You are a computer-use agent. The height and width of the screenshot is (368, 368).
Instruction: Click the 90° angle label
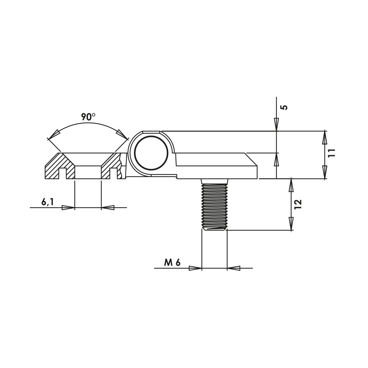click(x=88, y=117)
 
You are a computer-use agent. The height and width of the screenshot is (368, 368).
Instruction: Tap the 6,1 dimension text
click(x=47, y=202)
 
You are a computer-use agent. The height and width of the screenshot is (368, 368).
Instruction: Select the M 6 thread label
click(x=172, y=263)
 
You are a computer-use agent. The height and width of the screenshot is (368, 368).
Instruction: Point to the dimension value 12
click(x=298, y=205)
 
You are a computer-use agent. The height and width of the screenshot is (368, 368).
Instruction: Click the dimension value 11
click(x=332, y=153)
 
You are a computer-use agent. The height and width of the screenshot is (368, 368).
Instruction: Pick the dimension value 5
click(x=284, y=107)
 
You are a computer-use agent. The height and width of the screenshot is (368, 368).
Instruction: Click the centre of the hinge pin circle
click(x=151, y=153)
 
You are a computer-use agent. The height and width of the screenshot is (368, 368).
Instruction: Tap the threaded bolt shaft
click(x=215, y=204)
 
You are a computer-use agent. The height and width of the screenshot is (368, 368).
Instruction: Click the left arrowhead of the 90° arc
click(x=54, y=134)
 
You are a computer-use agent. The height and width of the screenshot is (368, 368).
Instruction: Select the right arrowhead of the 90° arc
click(x=122, y=134)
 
